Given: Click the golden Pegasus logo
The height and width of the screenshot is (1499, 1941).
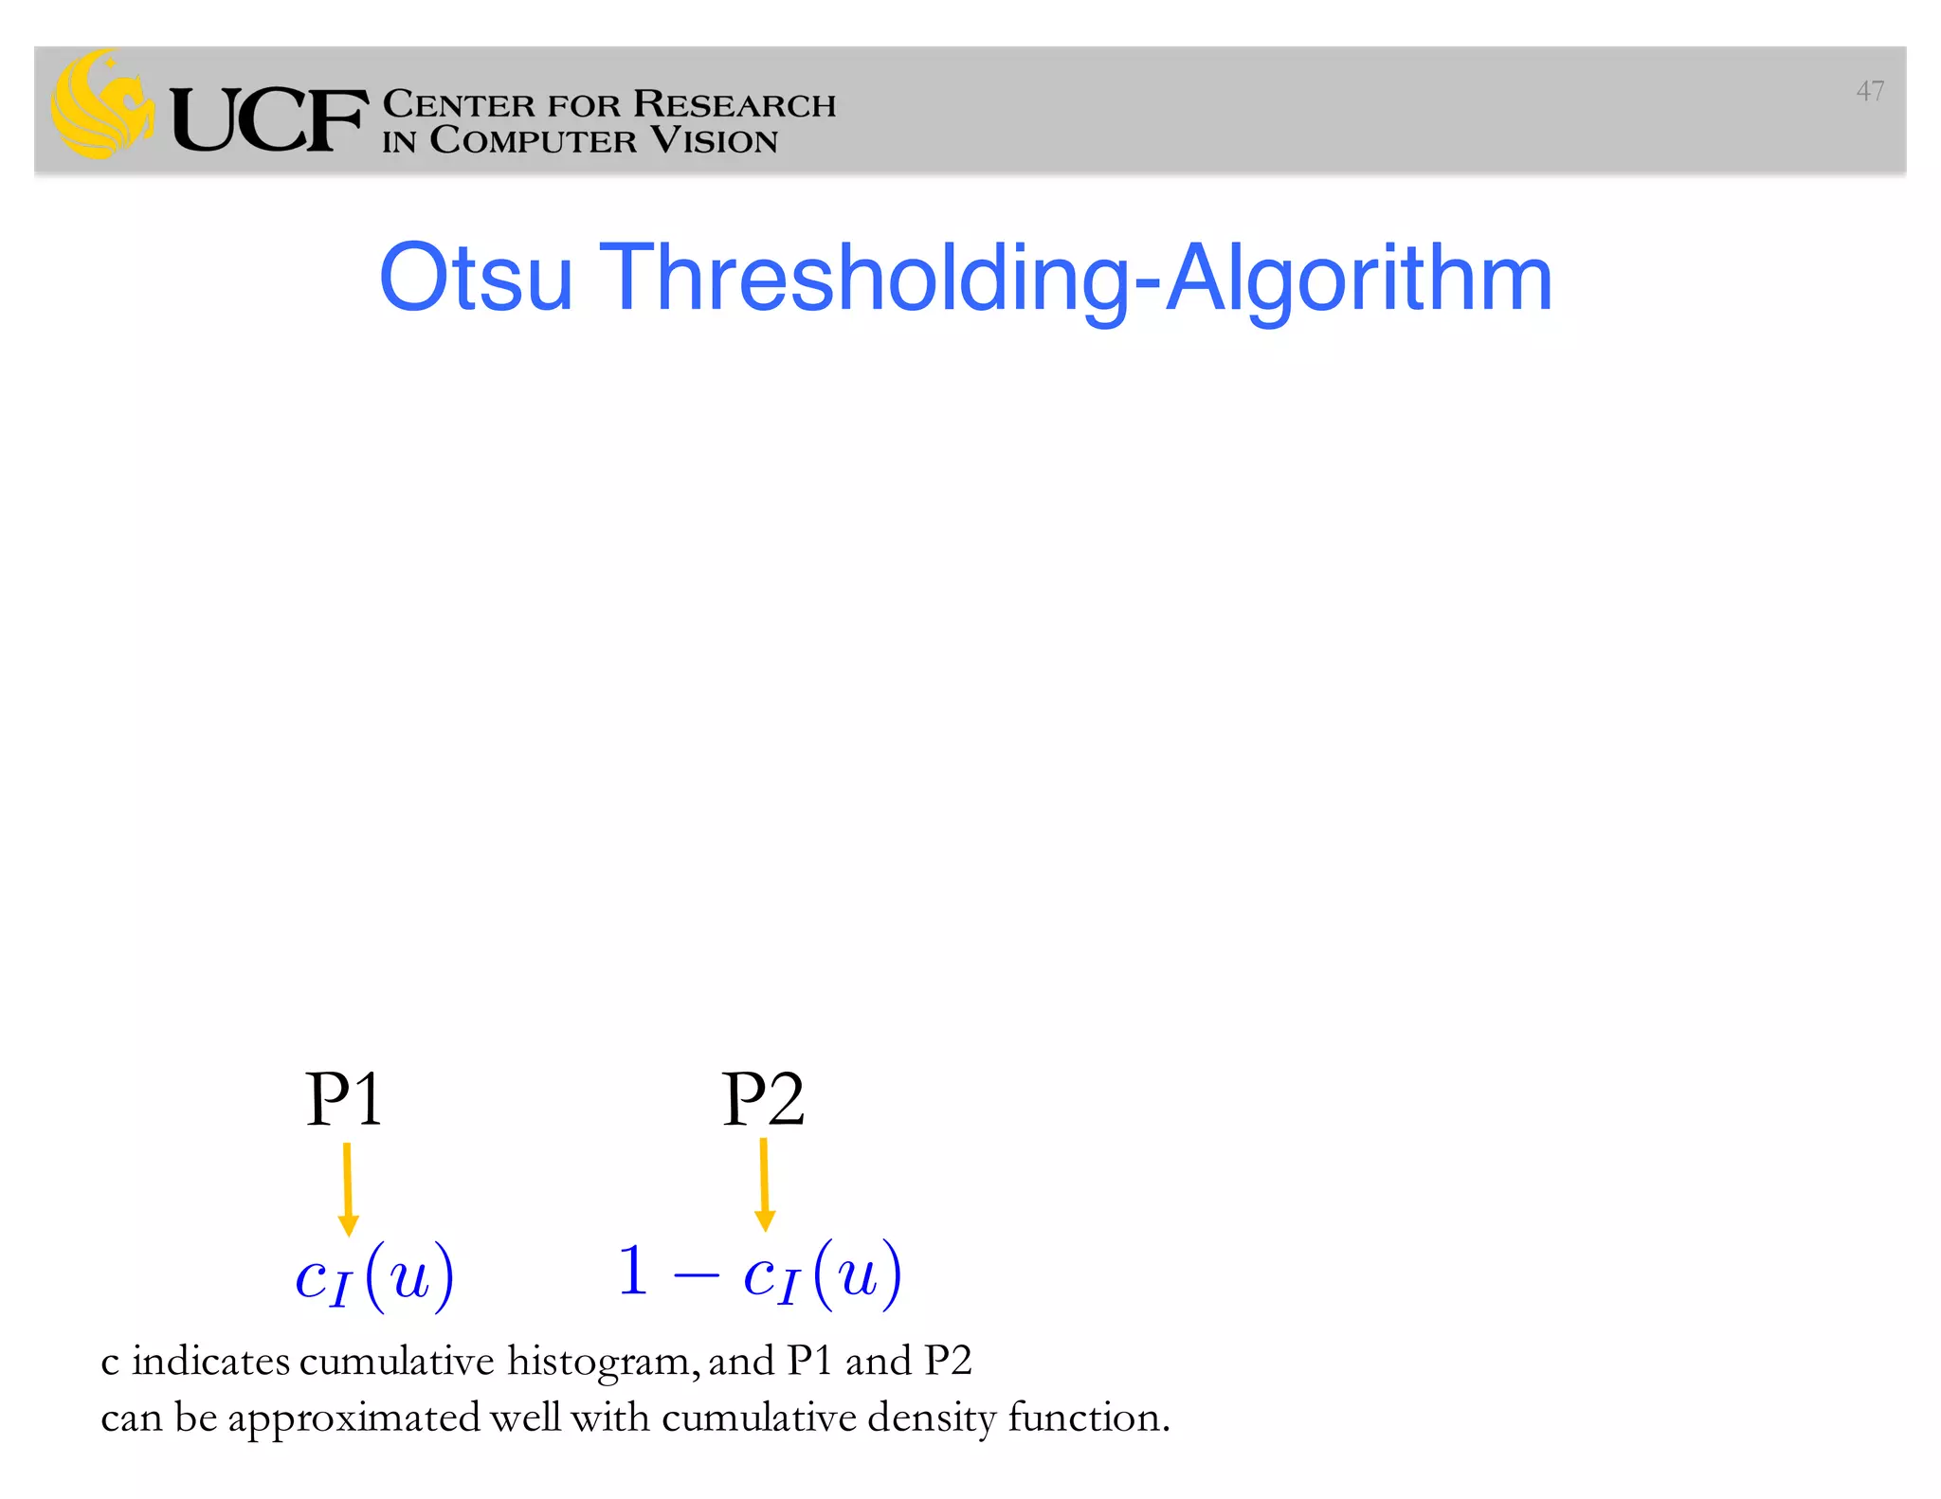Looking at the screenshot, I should pyautogui.click(x=102, y=104).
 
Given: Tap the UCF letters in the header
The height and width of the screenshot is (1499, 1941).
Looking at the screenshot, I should pyautogui.click(x=268, y=120).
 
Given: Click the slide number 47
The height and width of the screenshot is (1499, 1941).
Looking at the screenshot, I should pyautogui.click(x=1869, y=91).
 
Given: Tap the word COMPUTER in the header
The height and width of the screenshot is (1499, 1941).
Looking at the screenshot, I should pyautogui.click(x=534, y=140).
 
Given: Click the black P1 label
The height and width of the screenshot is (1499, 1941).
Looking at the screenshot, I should pyautogui.click(x=344, y=1099).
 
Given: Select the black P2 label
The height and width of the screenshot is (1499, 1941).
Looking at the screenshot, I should pyautogui.click(x=763, y=1099).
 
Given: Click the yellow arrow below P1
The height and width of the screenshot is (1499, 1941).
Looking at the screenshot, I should pyautogui.click(x=348, y=1188).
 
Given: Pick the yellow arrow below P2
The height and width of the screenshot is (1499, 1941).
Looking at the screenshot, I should pyautogui.click(x=765, y=1184).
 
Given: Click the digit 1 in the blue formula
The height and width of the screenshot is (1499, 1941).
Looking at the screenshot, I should pyautogui.click(x=633, y=1272).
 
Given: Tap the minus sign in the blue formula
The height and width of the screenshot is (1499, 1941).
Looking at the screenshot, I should pyautogui.click(x=696, y=1275).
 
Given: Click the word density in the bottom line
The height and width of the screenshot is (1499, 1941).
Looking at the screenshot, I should pyautogui.click(x=932, y=1418).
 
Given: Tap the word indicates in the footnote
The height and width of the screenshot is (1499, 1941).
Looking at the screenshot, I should pyautogui.click(x=210, y=1362).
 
